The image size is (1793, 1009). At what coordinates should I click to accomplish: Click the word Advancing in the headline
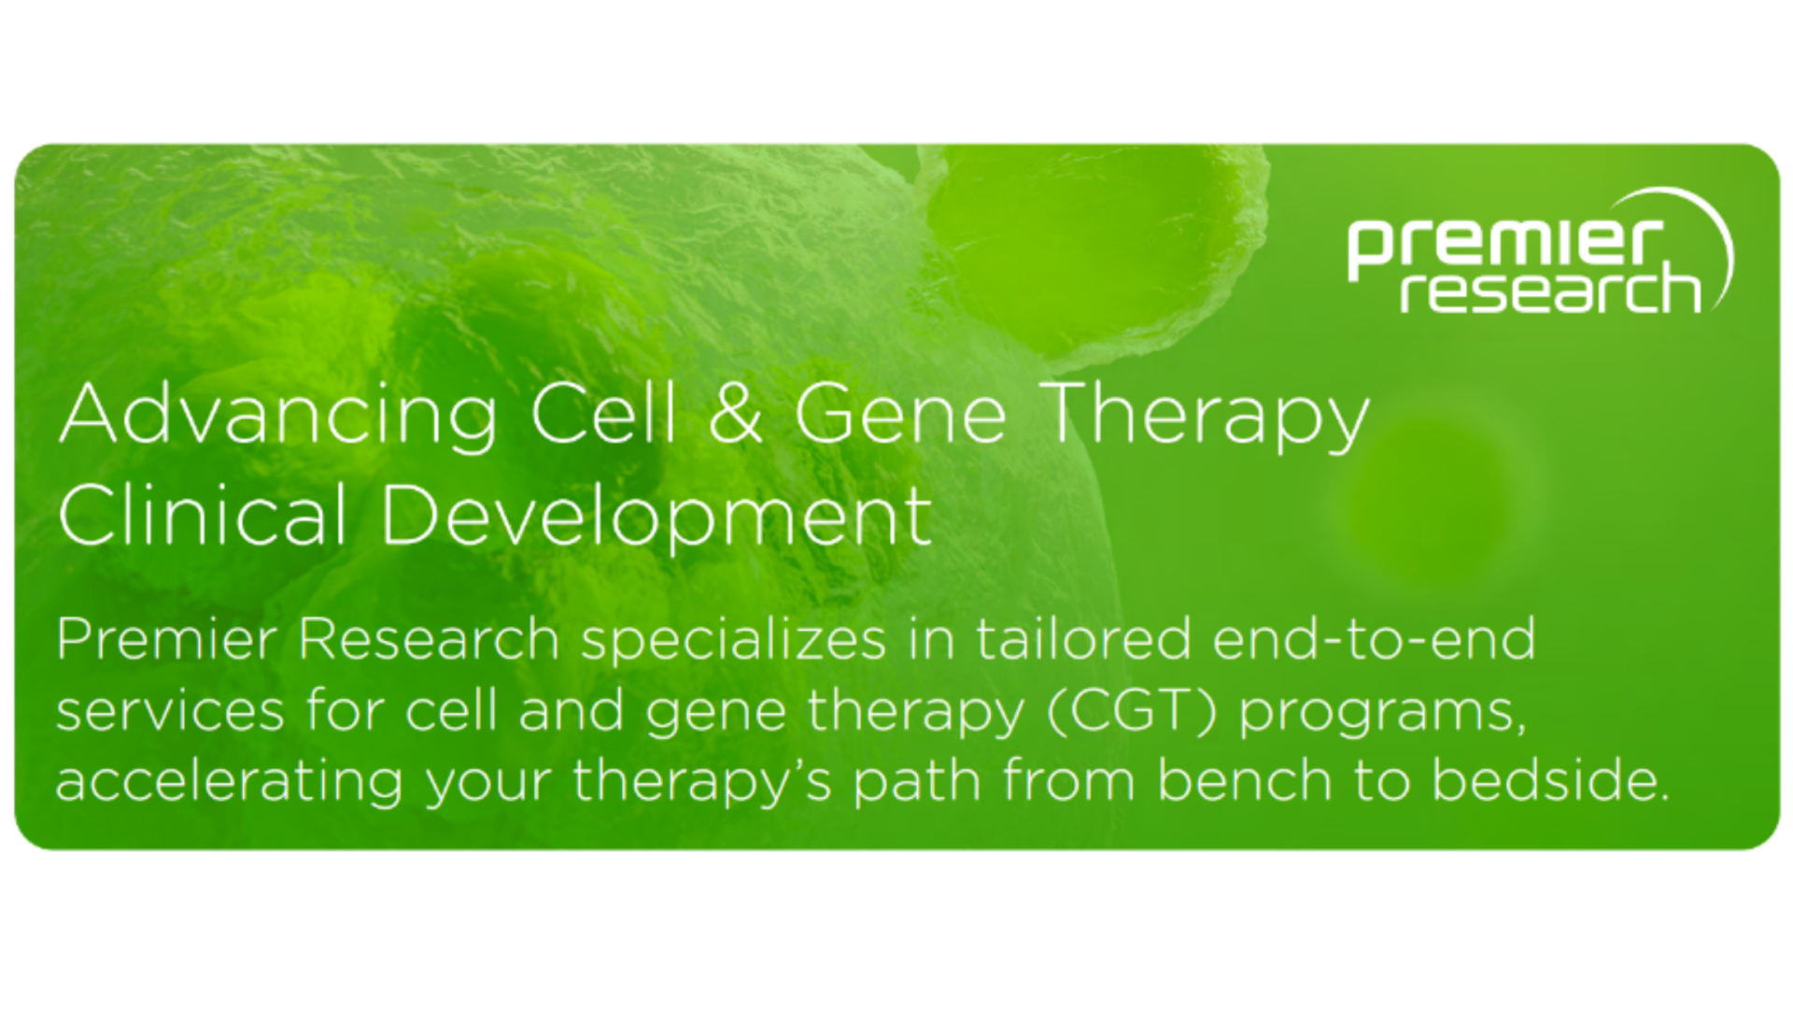[x=278, y=417]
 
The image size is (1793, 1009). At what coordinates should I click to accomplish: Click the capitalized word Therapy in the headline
[x=1207, y=417]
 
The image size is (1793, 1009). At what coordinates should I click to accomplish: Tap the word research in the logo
[x=1549, y=290]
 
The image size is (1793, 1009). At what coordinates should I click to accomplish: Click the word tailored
[x=1084, y=640]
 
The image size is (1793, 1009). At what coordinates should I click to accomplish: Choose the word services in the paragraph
[x=170, y=711]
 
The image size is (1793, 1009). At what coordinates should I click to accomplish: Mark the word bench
[x=1244, y=781]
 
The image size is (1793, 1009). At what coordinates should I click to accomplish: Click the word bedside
[x=1550, y=781]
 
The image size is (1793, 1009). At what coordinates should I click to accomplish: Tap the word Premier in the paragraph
[x=167, y=640]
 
